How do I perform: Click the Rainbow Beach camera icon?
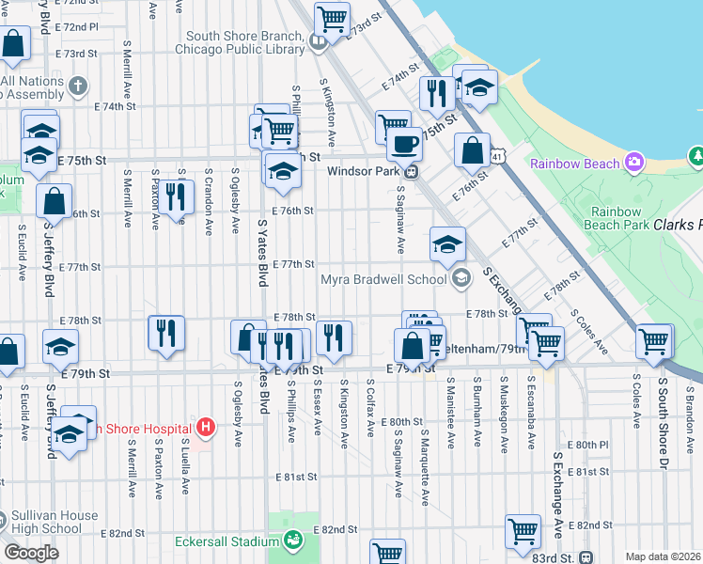(x=635, y=163)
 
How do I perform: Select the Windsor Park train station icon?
(x=411, y=172)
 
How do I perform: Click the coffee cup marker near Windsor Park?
(x=404, y=144)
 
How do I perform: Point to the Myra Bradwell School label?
(x=383, y=279)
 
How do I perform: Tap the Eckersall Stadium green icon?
(x=293, y=540)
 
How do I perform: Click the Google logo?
(x=31, y=552)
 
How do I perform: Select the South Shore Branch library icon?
(x=319, y=40)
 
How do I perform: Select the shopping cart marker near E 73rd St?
(x=331, y=17)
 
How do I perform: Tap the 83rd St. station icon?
(x=586, y=557)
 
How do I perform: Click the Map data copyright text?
(x=663, y=556)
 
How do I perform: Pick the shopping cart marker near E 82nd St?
(x=523, y=529)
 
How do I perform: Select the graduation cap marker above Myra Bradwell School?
(x=447, y=243)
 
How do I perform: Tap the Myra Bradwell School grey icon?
(x=461, y=277)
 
